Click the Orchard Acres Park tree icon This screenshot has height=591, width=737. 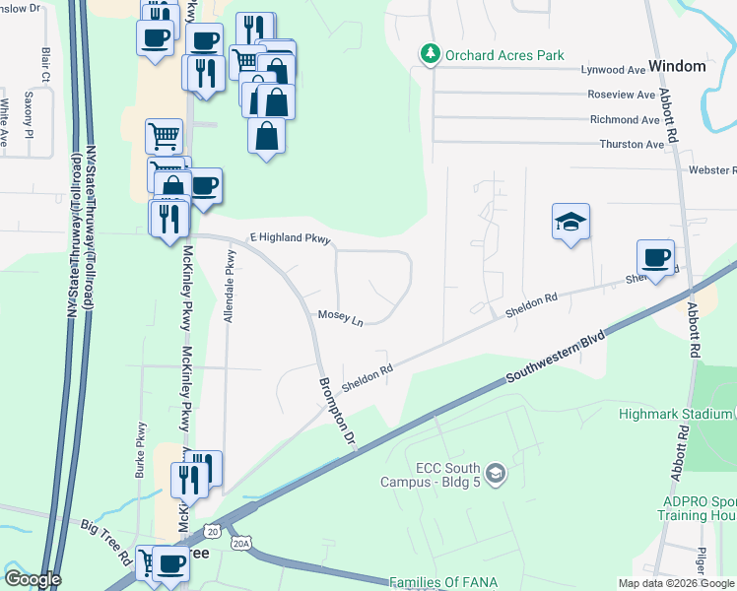click(x=430, y=54)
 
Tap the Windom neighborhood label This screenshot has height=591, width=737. click(x=678, y=66)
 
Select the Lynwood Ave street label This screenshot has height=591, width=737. click(x=613, y=70)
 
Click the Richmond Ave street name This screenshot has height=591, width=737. click(x=624, y=120)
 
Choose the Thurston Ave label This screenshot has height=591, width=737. click(x=632, y=145)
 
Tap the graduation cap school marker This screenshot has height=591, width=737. click(x=570, y=225)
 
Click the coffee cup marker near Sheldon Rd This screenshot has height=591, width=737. click(x=656, y=259)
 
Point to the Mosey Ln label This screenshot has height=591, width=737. click(x=340, y=320)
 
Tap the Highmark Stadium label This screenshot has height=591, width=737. click(x=675, y=414)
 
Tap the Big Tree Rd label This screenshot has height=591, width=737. click(x=105, y=541)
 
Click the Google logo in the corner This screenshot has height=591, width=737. click(x=33, y=579)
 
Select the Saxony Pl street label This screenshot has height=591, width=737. click(x=29, y=114)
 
